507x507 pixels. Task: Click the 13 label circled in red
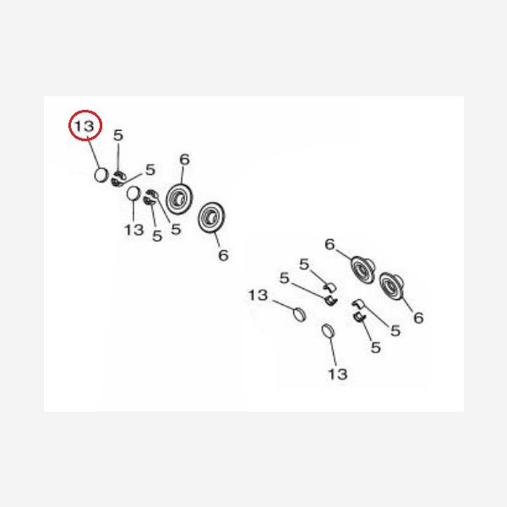[84, 126]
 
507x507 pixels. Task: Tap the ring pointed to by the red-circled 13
[101, 175]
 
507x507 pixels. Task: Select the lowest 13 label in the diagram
[337, 374]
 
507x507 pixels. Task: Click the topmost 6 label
[184, 160]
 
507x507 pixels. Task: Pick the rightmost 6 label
[418, 318]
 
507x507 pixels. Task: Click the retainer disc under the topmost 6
[179, 199]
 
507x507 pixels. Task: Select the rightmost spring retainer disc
[391, 286]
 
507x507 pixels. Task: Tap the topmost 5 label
[118, 135]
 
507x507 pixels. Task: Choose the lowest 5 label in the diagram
[376, 347]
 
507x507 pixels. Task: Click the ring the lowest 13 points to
[328, 331]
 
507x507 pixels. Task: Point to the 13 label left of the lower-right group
[258, 295]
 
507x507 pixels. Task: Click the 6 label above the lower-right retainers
[330, 244]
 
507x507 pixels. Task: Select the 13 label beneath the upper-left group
[134, 230]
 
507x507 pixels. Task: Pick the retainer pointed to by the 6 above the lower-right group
[363, 269]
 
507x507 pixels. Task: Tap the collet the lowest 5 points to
[358, 317]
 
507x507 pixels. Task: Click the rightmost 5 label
[395, 330]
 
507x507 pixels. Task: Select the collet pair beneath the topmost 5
[118, 179]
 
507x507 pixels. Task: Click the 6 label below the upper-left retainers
[223, 255]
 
